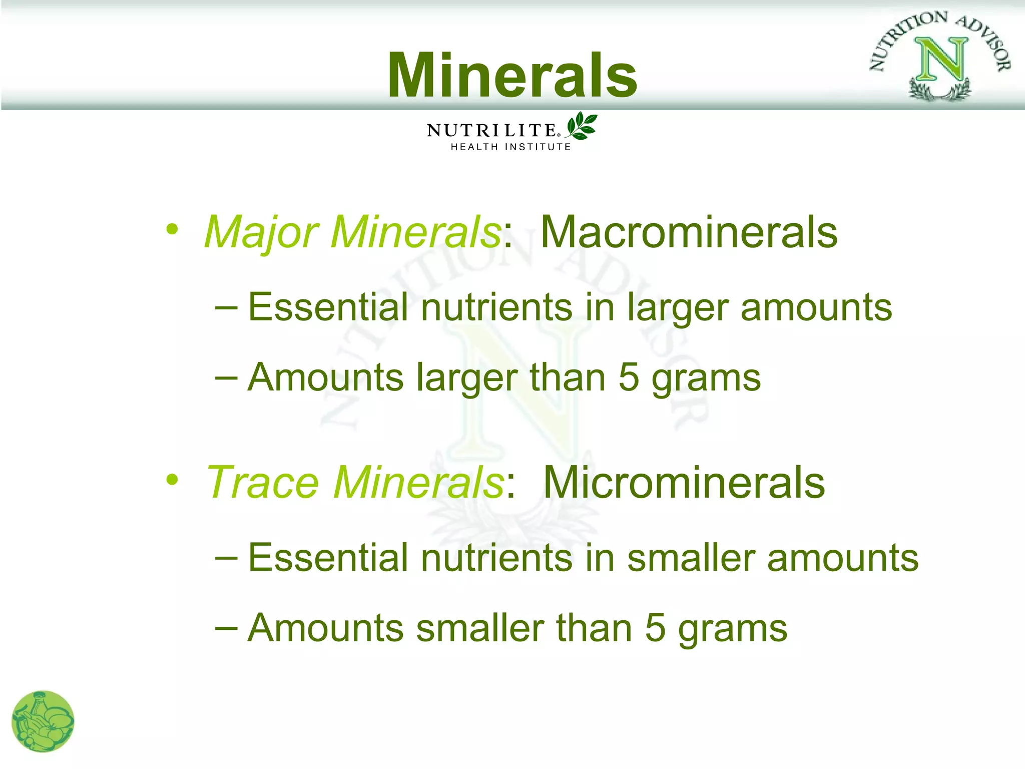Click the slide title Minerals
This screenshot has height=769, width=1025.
pos(512,75)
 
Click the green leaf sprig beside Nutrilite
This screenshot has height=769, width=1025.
pos(582,126)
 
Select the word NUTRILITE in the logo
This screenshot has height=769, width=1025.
pos(492,131)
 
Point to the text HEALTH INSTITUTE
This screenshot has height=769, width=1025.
pos(510,147)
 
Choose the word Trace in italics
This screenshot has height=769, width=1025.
pos(263,482)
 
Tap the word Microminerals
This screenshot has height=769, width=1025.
pos(684,482)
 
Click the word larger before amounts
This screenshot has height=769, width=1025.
pos(677,307)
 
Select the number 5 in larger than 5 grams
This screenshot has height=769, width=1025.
pos(629,377)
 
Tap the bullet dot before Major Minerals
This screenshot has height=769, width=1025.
pos(172,230)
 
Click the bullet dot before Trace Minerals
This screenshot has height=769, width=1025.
pos(172,480)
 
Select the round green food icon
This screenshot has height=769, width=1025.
pos(43,721)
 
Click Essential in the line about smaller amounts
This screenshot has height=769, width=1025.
pos(328,558)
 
